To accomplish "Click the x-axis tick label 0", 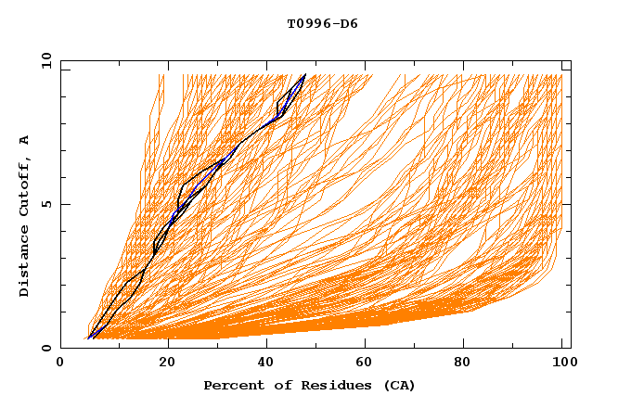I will (x=60, y=364).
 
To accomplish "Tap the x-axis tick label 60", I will (x=368, y=364).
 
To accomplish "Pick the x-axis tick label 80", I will (x=469, y=364).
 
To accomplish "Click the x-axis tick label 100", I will (x=562, y=364).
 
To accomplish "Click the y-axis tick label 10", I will (x=45, y=60).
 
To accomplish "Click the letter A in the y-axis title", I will (x=25, y=139).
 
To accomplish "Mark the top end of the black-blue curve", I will (x=304, y=74).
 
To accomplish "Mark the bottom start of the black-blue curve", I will (x=88, y=338).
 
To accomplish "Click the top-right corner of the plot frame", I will (x=571, y=60).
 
